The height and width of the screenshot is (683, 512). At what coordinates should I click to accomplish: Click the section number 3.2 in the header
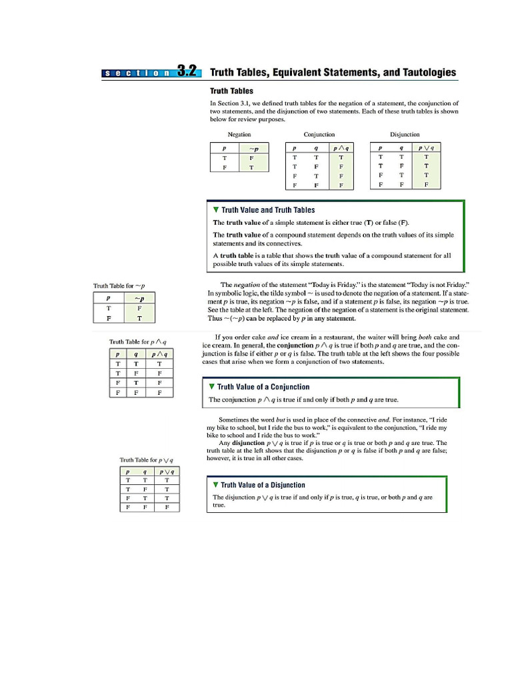point(189,72)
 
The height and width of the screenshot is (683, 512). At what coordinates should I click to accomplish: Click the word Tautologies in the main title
point(424,72)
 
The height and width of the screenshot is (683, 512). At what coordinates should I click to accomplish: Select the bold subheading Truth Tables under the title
point(231,91)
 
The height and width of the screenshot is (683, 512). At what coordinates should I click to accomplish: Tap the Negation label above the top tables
point(239,135)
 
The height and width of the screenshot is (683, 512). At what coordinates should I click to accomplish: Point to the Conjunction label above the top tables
point(319,135)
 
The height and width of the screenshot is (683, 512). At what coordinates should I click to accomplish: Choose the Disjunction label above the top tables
point(405,135)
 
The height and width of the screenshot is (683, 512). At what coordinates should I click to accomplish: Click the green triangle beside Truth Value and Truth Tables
point(216,210)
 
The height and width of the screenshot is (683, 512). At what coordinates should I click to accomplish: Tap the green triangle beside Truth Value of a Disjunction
point(216,485)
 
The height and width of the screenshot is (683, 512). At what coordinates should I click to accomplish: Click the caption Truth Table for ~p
point(119,286)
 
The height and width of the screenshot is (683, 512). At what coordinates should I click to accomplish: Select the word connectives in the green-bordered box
point(275,243)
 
